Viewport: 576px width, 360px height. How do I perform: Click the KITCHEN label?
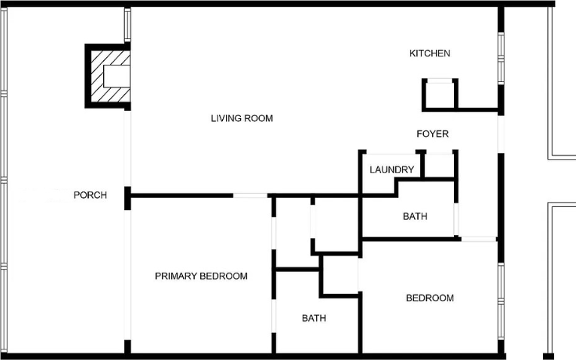(x=429, y=53)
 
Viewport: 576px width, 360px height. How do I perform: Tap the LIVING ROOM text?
(x=242, y=118)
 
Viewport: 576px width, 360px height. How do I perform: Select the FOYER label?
(x=432, y=134)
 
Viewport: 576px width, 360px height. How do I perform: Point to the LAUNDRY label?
(x=392, y=169)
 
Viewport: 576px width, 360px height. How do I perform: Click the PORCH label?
(x=90, y=195)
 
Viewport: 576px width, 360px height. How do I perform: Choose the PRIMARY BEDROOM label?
(x=201, y=276)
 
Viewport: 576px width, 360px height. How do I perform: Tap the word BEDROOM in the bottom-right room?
(x=430, y=298)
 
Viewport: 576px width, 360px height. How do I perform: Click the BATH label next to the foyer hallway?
(x=415, y=216)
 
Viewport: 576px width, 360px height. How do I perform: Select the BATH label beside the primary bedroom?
(x=314, y=318)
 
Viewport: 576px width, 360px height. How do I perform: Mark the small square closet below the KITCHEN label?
(x=440, y=95)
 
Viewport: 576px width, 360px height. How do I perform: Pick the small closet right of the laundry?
(x=440, y=165)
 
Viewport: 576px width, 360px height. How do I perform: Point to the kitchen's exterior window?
(x=501, y=59)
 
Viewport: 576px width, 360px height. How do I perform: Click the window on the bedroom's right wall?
(x=501, y=301)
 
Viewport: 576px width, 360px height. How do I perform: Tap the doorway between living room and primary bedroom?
(x=251, y=195)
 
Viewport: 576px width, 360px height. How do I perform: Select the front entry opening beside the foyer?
(x=501, y=134)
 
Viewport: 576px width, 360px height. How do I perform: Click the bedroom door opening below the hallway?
(x=479, y=239)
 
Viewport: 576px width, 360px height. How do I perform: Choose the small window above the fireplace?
(x=127, y=25)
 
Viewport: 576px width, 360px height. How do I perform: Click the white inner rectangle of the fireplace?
(x=117, y=76)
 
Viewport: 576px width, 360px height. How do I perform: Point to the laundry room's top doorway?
(x=391, y=152)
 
